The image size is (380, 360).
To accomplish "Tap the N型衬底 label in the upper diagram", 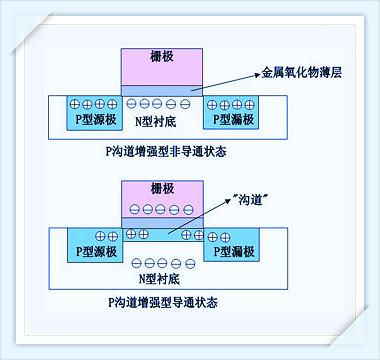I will [160, 121].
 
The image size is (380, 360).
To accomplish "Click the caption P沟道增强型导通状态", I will [162, 301].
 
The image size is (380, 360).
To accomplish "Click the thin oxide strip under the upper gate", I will [160, 90].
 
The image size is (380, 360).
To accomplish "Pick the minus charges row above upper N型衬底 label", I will [160, 104].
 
